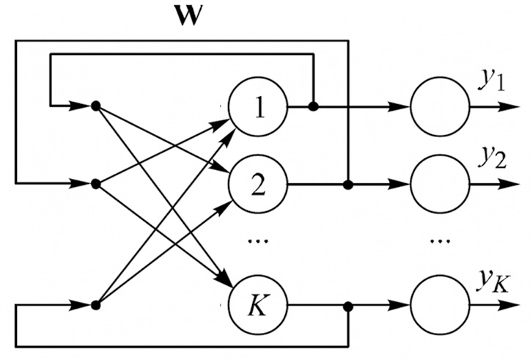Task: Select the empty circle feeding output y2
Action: [438, 183]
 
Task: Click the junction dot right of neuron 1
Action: [314, 107]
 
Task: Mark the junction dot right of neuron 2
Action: [348, 183]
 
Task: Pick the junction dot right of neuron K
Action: [348, 304]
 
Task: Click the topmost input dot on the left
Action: [95, 107]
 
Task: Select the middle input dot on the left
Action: [95, 183]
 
